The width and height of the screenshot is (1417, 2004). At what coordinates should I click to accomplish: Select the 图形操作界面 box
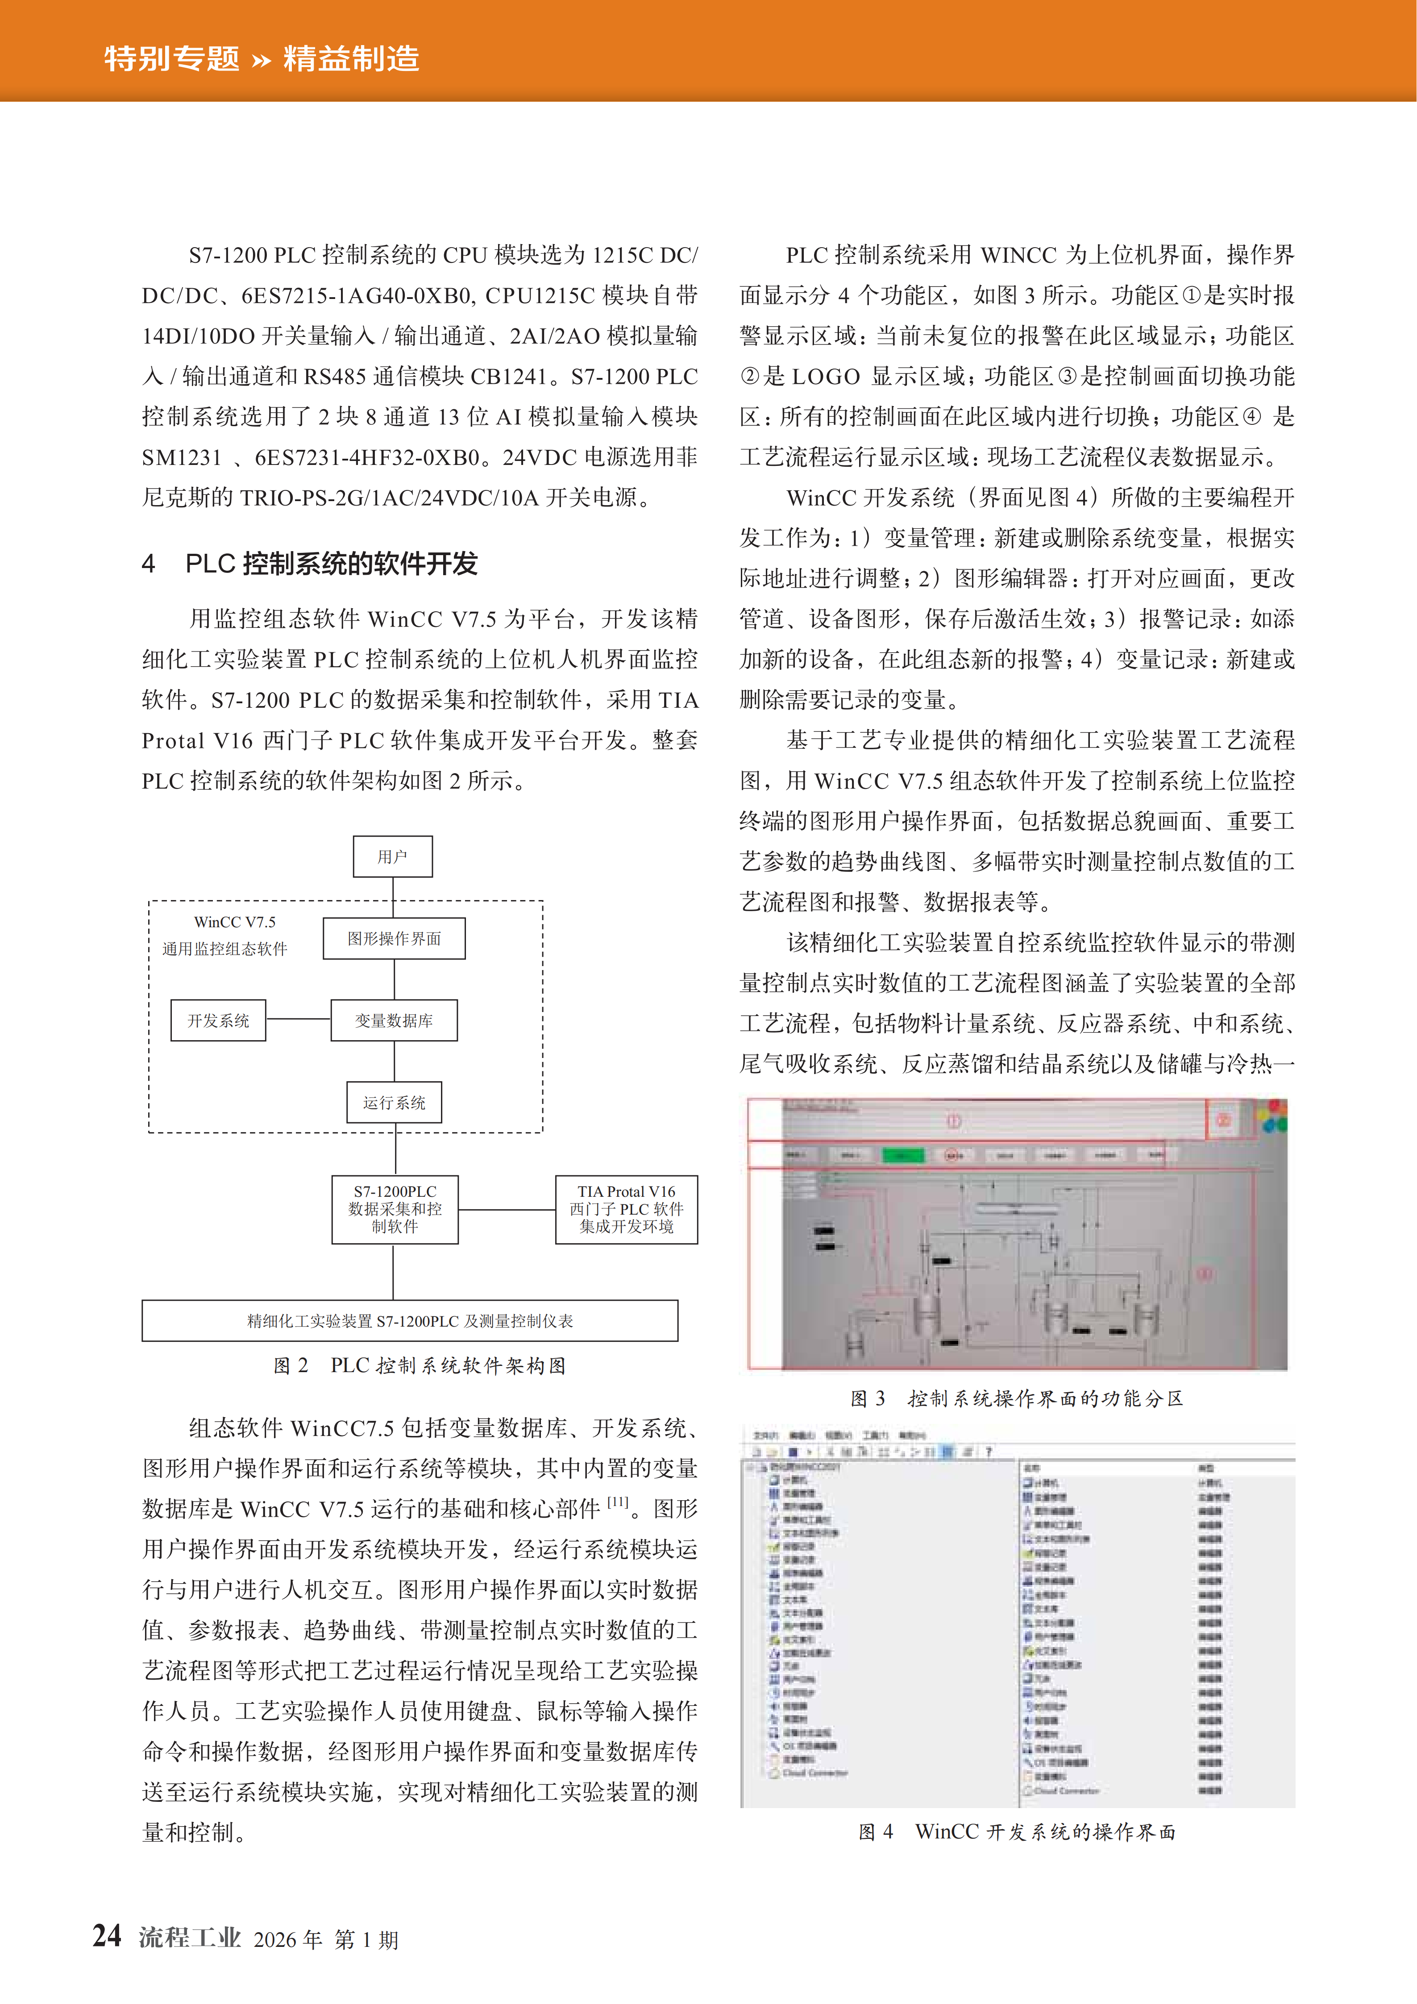point(394,938)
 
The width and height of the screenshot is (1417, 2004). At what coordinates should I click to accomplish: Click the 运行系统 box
point(395,1102)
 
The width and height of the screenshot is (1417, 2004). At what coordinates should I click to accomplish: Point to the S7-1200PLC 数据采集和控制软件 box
point(395,1209)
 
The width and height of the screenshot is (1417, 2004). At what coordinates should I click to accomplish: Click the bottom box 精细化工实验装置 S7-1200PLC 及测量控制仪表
point(409,1320)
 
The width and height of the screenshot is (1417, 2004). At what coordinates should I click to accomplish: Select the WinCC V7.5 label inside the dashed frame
point(235,922)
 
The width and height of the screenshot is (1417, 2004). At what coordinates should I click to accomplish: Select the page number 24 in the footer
point(108,1936)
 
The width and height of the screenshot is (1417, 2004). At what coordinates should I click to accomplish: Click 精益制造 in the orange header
point(351,58)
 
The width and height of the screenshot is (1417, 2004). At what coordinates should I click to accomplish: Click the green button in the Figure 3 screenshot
point(903,1155)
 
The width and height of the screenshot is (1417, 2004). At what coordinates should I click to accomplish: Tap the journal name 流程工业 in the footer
point(190,1938)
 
